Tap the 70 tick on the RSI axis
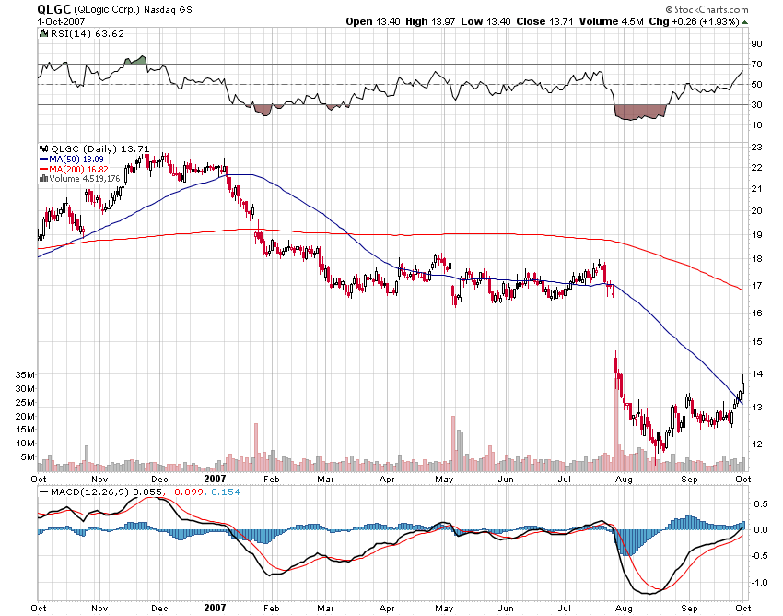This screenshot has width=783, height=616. click(755, 64)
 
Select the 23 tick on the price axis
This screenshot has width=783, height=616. click(755, 148)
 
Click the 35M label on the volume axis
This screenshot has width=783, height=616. click(26, 375)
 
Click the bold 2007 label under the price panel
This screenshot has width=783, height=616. click(215, 479)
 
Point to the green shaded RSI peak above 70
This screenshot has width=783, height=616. click(135, 60)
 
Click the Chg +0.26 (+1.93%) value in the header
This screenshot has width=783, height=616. click(699, 20)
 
